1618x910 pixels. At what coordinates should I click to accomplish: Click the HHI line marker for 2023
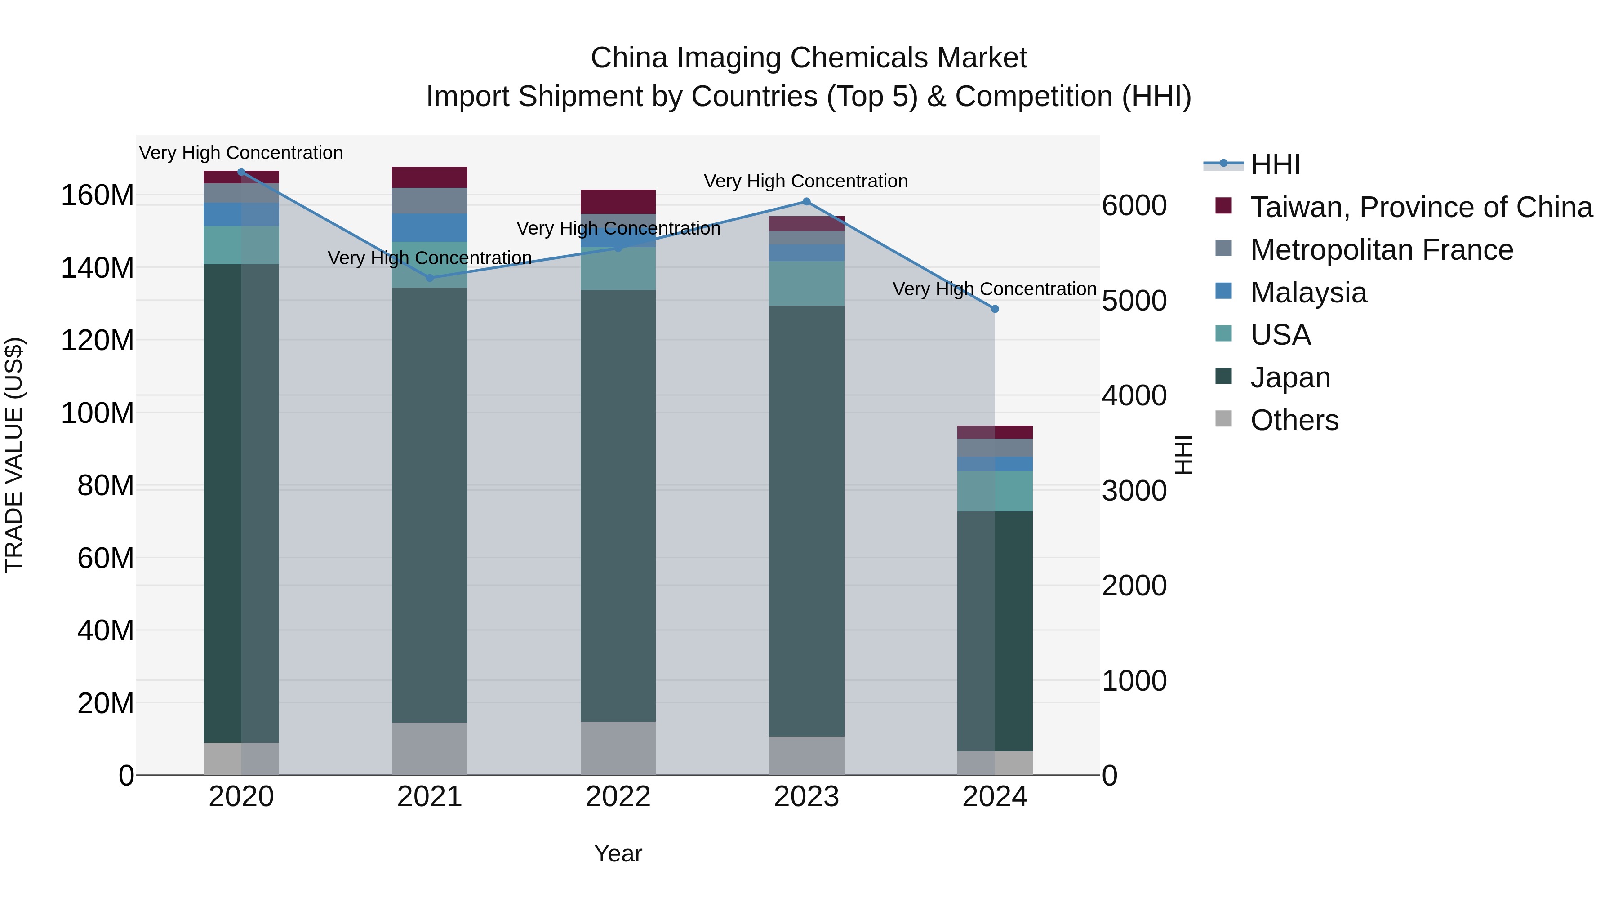point(806,202)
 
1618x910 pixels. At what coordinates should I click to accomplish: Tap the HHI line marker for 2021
point(430,278)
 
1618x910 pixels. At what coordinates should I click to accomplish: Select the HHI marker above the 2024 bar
point(995,309)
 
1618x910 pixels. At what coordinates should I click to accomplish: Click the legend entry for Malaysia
point(1308,293)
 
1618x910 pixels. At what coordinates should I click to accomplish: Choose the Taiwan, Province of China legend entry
point(1421,207)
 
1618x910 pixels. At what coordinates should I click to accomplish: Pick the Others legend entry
point(1294,420)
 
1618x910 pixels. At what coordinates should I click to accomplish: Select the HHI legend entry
point(1275,164)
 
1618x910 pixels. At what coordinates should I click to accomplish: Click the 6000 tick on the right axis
point(1134,205)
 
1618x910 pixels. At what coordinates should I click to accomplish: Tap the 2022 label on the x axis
point(618,797)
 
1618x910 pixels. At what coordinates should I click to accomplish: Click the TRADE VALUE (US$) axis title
point(14,455)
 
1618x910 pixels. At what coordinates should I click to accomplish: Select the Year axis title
point(618,853)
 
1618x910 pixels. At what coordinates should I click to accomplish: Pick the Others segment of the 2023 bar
point(806,755)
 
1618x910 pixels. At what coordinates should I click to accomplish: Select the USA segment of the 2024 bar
point(995,491)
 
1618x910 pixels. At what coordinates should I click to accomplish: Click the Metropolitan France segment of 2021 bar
point(430,200)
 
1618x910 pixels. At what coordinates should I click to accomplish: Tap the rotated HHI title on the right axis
point(1183,455)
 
